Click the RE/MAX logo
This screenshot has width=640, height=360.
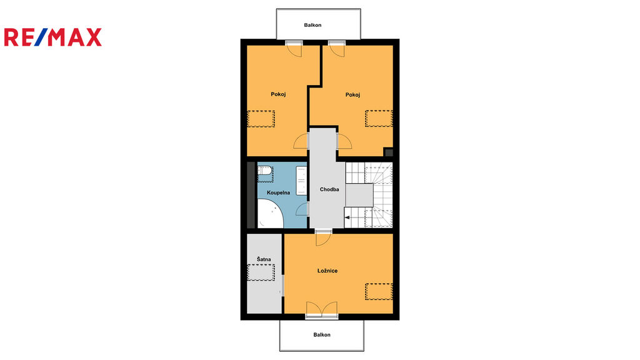tap(53, 37)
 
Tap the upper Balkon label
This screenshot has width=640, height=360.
tap(312, 25)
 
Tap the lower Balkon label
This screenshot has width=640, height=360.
tap(322, 335)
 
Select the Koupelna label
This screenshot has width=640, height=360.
tap(278, 192)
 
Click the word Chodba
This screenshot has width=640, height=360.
tap(329, 189)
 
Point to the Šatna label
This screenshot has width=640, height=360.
tap(264, 259)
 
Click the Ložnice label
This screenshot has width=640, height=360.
tap(327, 271)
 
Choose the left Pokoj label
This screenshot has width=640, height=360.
tap(278, 94)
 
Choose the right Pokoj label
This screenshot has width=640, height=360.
tap(352, 95)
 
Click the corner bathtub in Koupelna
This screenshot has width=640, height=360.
tap(269, 214)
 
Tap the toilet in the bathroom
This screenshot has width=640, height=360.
tap(265, 174)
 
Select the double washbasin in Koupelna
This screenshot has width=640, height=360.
tap(301, 181)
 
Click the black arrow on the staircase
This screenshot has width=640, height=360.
tap(347, 217)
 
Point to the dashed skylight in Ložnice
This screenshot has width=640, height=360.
tap(379, 291)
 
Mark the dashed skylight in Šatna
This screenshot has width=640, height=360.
tap(261, 272)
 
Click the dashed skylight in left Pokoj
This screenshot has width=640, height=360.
tap(261, 119)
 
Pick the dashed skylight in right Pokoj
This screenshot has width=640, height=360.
tap(379, 118)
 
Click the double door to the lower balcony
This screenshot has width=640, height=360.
tap(322, 310)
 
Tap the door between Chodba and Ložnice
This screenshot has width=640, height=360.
tap(323, 238)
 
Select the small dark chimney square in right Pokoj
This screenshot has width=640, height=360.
tap(389, 152)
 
